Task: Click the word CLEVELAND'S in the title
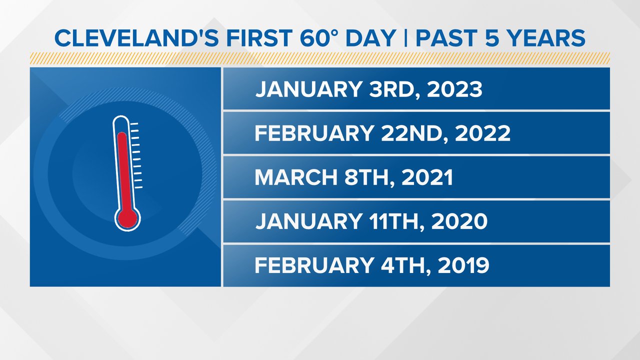point(137,37)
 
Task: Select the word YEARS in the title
point(545,37)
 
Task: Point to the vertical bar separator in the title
point(405,37)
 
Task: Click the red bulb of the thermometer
point(127,218)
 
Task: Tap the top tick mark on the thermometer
point(134,124)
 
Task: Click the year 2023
point(454,89)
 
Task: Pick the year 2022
point(482,133)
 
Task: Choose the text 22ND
point(414,133)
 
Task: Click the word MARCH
point(296,177)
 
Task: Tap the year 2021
point(427,177)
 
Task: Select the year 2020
point(459,221)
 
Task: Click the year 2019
point(463,265)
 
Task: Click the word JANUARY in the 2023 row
point(309,89)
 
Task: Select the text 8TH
point(369,178)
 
